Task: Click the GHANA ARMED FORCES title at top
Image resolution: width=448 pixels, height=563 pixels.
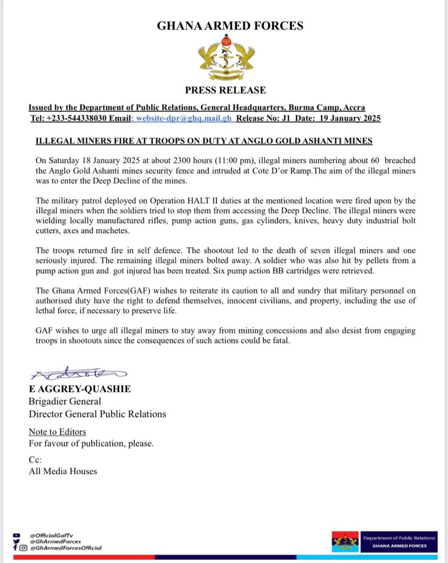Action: coord(230,25)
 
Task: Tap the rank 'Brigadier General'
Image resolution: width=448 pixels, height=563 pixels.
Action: coord(65,402)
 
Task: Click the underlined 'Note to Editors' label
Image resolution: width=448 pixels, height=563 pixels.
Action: coord(57,432)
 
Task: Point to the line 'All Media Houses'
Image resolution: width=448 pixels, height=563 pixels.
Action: coord(63,471)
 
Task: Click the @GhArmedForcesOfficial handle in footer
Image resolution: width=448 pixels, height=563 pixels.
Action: coord(65,548)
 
